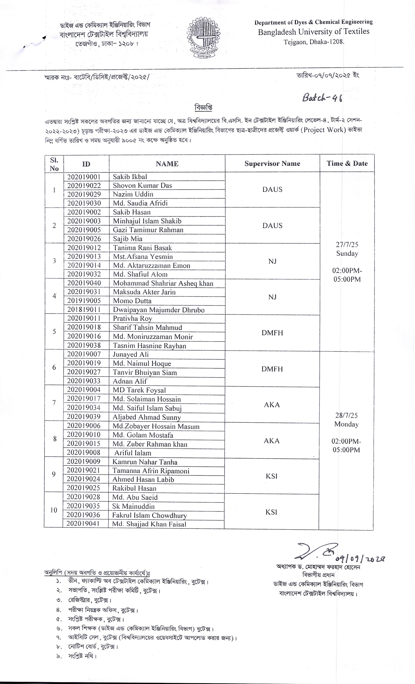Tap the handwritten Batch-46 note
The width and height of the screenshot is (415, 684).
(322, 98)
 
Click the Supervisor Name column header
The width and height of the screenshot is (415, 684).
(272, 164)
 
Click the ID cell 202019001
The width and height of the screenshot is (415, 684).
(84, 177)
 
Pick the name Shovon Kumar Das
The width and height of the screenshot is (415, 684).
(142, 185)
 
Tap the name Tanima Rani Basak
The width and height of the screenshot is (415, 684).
(142, 248)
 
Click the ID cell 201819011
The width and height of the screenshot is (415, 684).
(84, 309)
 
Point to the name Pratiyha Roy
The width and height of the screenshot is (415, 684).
(132, 318)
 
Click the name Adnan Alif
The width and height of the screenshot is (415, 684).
(130, 381)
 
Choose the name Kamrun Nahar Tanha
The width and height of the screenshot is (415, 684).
(145, 462)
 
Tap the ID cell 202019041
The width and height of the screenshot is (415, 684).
(83, 524)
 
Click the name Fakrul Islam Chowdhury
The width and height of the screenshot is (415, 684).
(150, 515)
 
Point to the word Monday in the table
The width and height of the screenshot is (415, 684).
(346, 424)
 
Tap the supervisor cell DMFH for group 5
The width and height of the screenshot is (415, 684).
(272, 333)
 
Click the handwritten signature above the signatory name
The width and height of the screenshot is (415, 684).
(316, 551)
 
